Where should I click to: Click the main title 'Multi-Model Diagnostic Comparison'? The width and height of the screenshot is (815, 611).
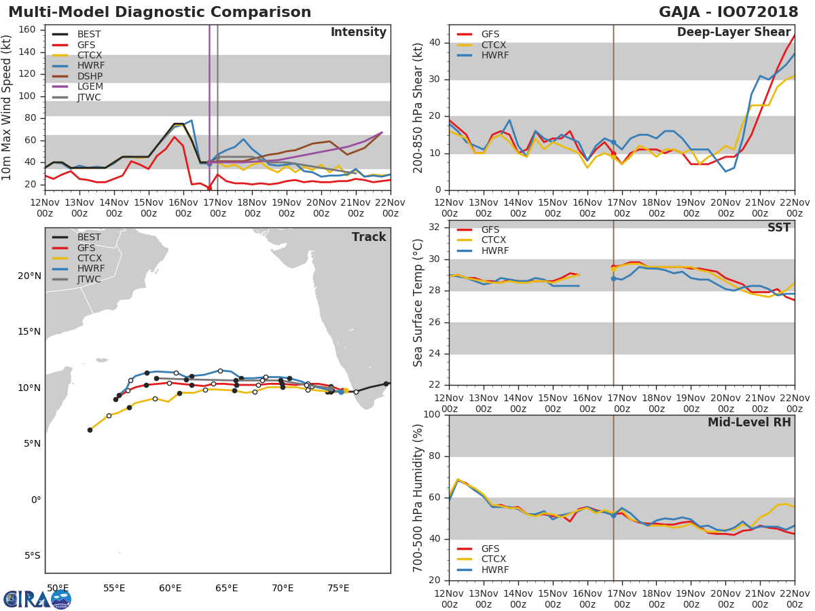point(160,12)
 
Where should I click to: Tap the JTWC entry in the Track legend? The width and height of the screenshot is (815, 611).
point(89,280)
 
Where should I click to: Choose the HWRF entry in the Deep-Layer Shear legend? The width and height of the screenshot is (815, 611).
point(494,55)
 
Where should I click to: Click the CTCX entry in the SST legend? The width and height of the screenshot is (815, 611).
point(494,240)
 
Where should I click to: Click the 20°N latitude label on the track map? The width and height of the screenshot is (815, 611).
point(29,276)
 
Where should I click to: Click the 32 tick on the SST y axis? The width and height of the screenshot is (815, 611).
point(433,227)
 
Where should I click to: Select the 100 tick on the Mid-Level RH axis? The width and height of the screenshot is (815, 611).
point(430,415)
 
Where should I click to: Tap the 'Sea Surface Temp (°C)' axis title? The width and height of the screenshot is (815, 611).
point(418,303)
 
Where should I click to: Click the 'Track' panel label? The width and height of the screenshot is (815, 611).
point(369,237)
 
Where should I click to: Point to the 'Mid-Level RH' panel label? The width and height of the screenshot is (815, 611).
point(749,422)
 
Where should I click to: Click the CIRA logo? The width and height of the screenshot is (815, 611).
point(37,599)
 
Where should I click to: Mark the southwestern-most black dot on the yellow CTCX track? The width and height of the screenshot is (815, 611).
point(90,430)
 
